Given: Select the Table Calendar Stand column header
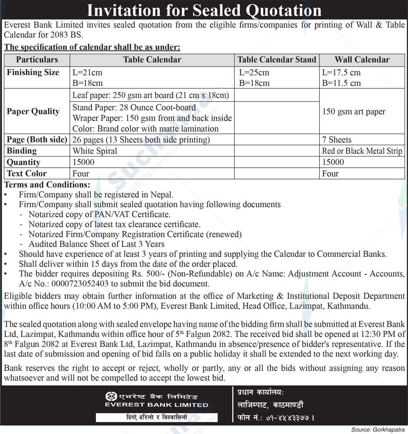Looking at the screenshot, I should pyautogui.click(x=277, y=59).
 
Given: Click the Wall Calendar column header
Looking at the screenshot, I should pyautogui.click(x=362, y=59).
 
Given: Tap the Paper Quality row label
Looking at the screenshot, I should pyautogui.click(x=33, y=111).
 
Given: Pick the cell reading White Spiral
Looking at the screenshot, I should pyautogui.click(x=95, y=151).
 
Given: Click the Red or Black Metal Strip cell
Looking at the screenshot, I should pyautogui.click(x=362, y=151).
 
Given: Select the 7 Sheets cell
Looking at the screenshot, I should pyautogui.click(x=336, y=140).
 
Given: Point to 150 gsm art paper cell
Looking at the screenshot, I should pyautogui.click(x=353, y=111).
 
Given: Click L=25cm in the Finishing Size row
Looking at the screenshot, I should pyautogui.click(x=254, y=73).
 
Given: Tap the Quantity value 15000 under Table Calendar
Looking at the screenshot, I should pyautogui.click(x=83, y=162).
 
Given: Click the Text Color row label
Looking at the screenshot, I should pyautogui.click(x=27, y=173).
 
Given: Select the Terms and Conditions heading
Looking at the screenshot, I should pyautogui.click(x=47, y=184).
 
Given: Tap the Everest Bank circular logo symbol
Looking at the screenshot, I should pyautogui.click(x=110, y=396).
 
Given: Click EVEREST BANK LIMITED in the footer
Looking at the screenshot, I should pyautogui.click(x=156, y=405).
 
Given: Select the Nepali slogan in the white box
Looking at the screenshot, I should pyautogui.click(x=156, y=417).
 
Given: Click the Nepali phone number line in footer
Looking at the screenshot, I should pyautogui.click(x=276, y=418).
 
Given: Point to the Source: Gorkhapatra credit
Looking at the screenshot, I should pyautogui.click(x=378, y=430).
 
